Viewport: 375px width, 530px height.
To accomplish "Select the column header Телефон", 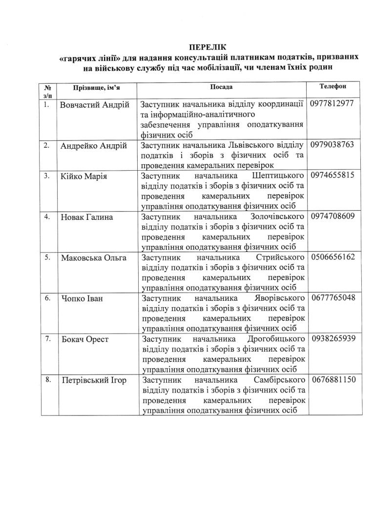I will [x=333, y=86].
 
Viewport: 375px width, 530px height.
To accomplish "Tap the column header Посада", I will [x=221, y=86].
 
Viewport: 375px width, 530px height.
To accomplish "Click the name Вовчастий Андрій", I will [x=95, y=105].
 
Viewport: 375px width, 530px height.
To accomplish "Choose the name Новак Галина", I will [x=86, y=217].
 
